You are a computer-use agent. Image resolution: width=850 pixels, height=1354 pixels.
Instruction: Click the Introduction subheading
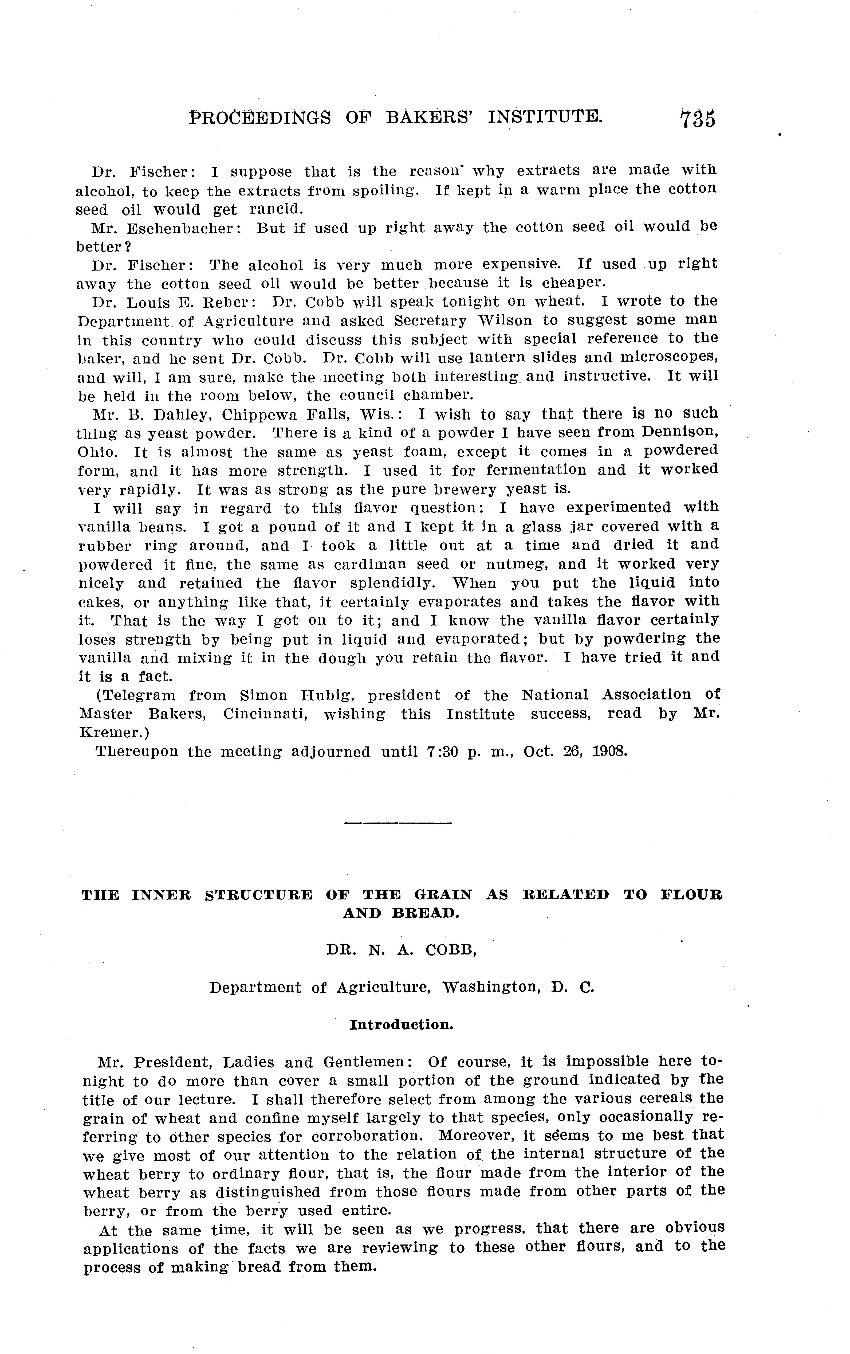point(402,1024)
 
